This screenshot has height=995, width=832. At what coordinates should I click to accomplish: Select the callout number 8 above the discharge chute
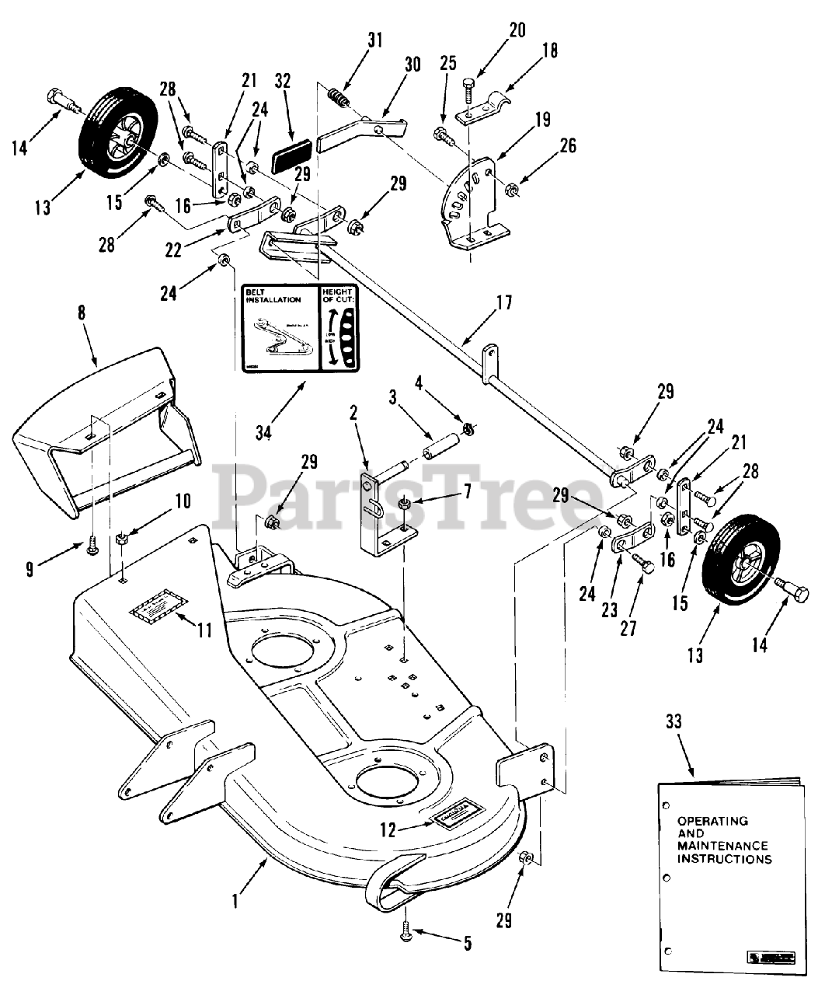click(x=82, y=314)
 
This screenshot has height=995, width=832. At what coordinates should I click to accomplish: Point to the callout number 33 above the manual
click(x=673, y=721)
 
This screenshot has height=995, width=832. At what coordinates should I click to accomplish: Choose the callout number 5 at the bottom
click(x=467, y=944)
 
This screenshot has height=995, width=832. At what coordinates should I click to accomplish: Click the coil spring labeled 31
click(x=336, y=98)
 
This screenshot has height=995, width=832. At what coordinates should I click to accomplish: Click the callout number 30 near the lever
click(x=411, y=65)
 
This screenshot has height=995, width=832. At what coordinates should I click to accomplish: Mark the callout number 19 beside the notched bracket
click(x=543, y=120)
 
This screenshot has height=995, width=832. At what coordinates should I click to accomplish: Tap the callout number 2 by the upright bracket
click(x=355, y=413)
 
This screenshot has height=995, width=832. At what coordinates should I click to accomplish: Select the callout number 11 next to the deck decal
click(x=204, y=631)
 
